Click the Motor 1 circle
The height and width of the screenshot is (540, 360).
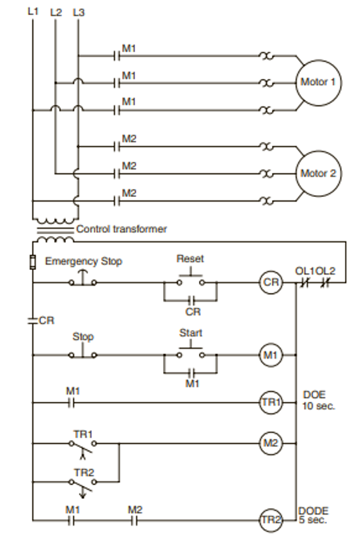coord(318,83)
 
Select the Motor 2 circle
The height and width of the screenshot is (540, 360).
coord(318,173)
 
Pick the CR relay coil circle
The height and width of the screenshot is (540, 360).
coord(270,282)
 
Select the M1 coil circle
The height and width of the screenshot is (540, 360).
coord(270,355)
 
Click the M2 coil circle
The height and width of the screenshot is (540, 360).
coord(270,443)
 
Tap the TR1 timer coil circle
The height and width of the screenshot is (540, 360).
coord(270,403)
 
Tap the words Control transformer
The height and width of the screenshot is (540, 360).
coord(122,229)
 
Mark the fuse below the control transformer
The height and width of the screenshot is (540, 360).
coord(33,263)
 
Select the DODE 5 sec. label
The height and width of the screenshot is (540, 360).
coord(314,515)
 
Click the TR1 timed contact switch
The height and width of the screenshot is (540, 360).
coord(82,445)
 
